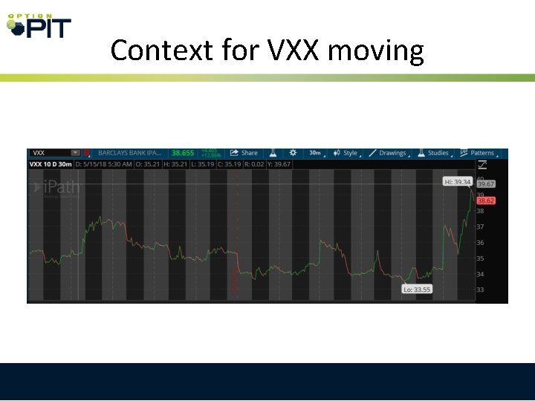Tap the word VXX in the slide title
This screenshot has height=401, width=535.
click(288, 50)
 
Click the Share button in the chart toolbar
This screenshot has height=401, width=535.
click(244, 153)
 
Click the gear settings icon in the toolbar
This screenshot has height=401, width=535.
click(293, 153)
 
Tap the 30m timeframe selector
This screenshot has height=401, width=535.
click(315, 153)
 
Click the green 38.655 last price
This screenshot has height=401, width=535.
click(183, 153)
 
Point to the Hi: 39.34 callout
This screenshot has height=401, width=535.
click(458, 181)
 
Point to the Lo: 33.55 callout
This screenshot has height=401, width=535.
click(417, 289)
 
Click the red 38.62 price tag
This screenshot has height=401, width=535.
click(486, 200)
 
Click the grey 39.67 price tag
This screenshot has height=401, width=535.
click(486, 184)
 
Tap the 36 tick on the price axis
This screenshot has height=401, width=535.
click(480, 243)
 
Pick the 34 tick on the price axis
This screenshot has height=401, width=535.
click(480, 274)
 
